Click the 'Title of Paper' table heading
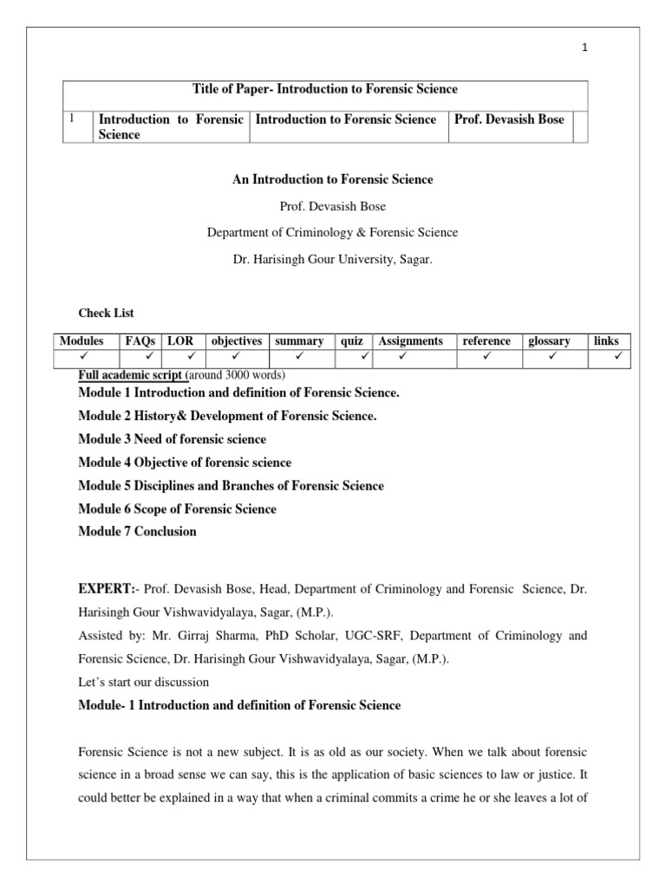323,89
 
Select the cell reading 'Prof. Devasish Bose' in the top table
508,120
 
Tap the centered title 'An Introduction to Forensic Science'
332,179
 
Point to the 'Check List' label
107,313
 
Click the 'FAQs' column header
140,341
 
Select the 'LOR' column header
180,341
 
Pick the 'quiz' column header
352,341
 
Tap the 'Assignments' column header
411,341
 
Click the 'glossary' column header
549,341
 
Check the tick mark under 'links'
618,356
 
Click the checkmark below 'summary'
299,356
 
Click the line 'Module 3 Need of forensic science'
173,439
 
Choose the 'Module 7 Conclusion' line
137,531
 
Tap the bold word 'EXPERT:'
106,589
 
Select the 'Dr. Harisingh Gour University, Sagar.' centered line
332,258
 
